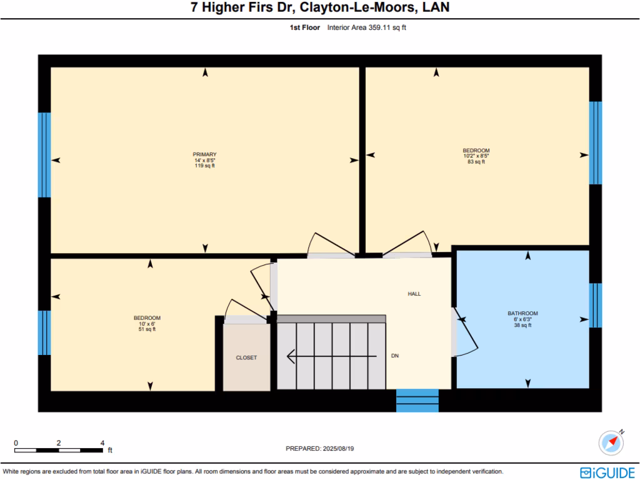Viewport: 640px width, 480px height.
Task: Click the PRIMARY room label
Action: (204, 154)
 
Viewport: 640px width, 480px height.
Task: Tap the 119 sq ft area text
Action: (204, 166)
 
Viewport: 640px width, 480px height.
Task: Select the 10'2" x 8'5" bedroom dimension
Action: (476, 156)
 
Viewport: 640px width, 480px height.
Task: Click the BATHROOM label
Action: (522, 313)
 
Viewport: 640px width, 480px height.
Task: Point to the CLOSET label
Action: (246, 357)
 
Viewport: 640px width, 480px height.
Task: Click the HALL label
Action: (414, 293)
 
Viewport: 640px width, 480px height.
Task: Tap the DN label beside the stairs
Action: (395, 356)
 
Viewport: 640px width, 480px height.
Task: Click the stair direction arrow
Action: (331, 356)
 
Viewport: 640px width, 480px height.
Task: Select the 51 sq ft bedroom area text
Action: (147, 329)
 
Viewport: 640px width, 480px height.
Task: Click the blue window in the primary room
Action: (44, 155)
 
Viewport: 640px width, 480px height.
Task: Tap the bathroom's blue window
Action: (596, 306)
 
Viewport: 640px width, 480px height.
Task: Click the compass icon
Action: (611, 442)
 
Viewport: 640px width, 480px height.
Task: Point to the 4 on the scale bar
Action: (102, 442)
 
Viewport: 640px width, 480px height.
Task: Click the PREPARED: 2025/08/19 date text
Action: (319, 448)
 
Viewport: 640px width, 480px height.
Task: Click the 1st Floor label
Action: (304, 27)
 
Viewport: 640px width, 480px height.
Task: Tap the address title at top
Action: (319, 8)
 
